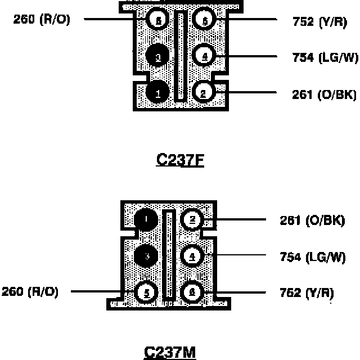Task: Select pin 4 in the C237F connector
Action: point(204,56)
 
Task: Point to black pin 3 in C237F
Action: point(158,56)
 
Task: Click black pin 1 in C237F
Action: point(158,93)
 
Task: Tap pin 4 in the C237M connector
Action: point(192,256)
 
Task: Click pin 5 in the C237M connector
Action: point(147,292)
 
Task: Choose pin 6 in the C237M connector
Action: point(192,292)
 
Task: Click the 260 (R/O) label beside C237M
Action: point(30,292)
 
